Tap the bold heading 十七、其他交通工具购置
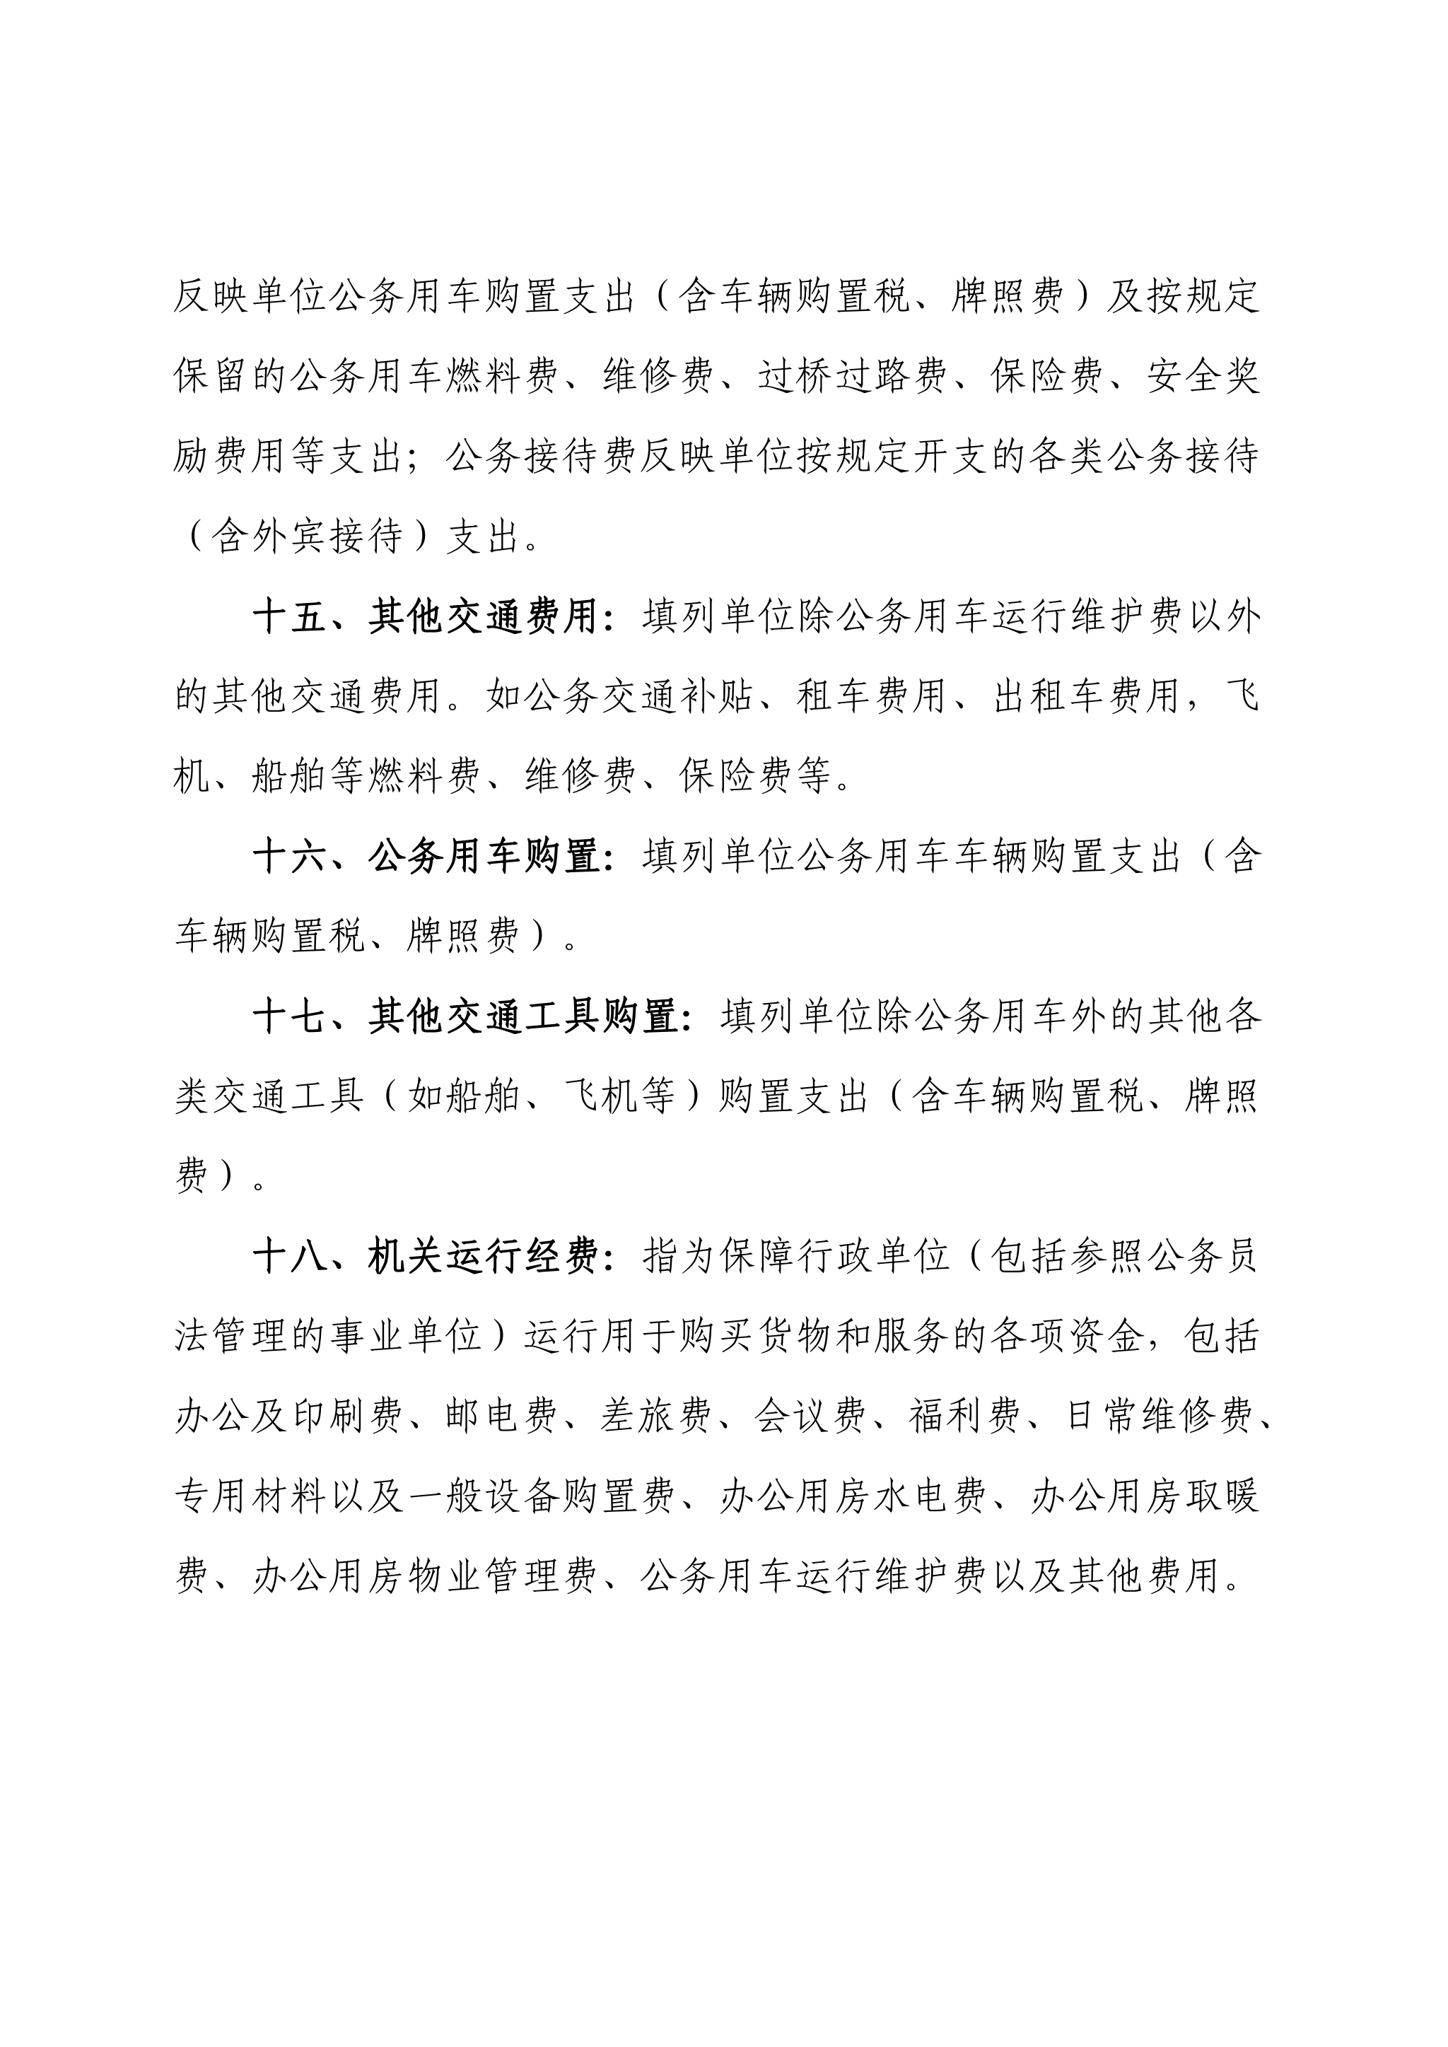click(x=465, y=1016)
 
